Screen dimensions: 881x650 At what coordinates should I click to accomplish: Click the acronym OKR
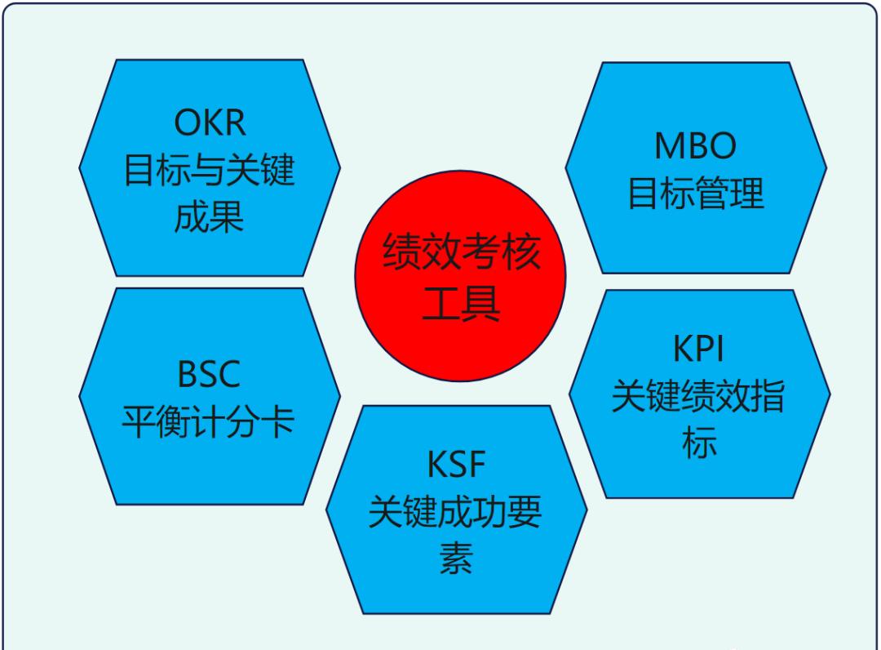pos(210,122)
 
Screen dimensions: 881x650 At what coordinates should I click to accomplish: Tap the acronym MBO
pos(695,145)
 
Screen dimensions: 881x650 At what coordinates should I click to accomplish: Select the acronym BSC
pos(209,373)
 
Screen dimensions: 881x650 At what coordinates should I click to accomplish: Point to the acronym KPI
pos(698,349)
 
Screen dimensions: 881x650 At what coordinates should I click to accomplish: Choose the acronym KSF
pos(456,464)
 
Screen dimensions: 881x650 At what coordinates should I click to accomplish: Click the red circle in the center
pos(460,276)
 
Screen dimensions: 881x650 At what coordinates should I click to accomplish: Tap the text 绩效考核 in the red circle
pos(462,252)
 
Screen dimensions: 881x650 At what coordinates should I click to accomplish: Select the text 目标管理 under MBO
pos(696,193)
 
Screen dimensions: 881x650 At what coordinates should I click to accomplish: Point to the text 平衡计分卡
pos(209,421)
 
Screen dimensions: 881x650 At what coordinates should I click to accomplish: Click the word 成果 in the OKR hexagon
pos(209,216)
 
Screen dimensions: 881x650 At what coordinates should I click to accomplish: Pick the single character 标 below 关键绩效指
pos(699,442)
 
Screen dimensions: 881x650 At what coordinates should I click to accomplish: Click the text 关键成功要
pos(455,511)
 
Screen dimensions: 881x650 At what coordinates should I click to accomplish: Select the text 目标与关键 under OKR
pos(209,169)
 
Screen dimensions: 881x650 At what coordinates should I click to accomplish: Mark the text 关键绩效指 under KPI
pos(698,395)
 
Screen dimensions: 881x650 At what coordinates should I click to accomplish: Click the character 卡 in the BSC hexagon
pos(278,421)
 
